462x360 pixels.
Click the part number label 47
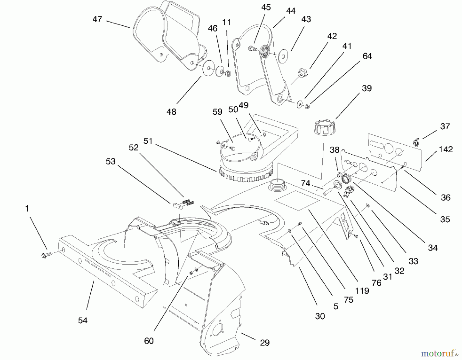click(x=97, y=19)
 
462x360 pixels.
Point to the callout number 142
click(x=446, y=149)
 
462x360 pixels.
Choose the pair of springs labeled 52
click(x=188, y=202)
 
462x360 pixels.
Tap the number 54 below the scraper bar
click(x=83, y=320)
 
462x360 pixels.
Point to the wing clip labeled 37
click(x=416, y=141)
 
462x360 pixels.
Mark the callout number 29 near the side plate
click(x=265, y=343)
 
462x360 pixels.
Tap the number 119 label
click(x=362, y=291)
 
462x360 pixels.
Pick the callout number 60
click(x=149, y=341)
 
